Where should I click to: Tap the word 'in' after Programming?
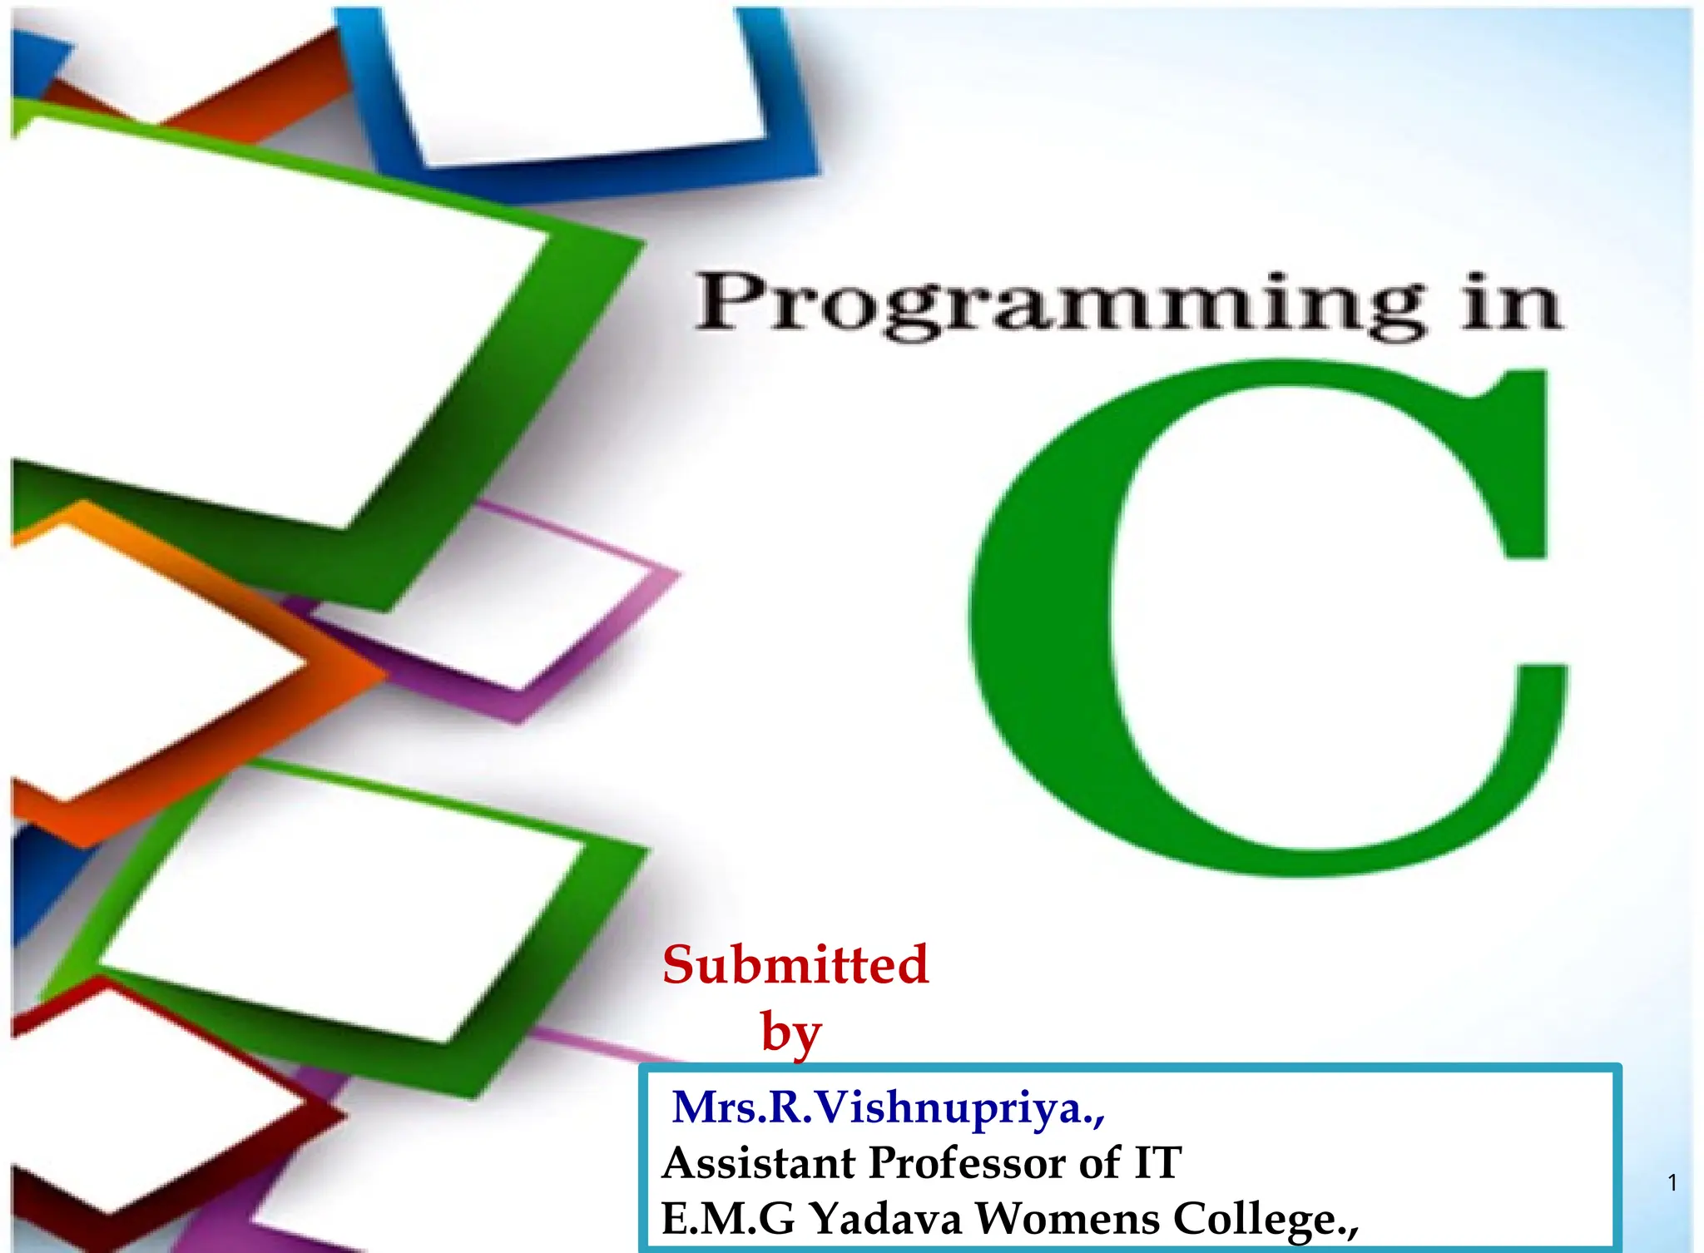click(x=1512, y=303)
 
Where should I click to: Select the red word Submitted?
click(x=795, y=965)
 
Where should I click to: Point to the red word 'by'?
click(x=790, y=1033)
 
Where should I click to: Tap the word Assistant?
click(x=759, y=1162)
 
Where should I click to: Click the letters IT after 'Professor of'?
click(x=1157, y=1162)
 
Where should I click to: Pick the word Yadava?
click(x=885, y=1219)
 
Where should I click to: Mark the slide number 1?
click(x=1672, y=1182)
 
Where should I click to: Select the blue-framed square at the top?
click(x=574, y=83)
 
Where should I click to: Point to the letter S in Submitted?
click(x=681, y=965)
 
